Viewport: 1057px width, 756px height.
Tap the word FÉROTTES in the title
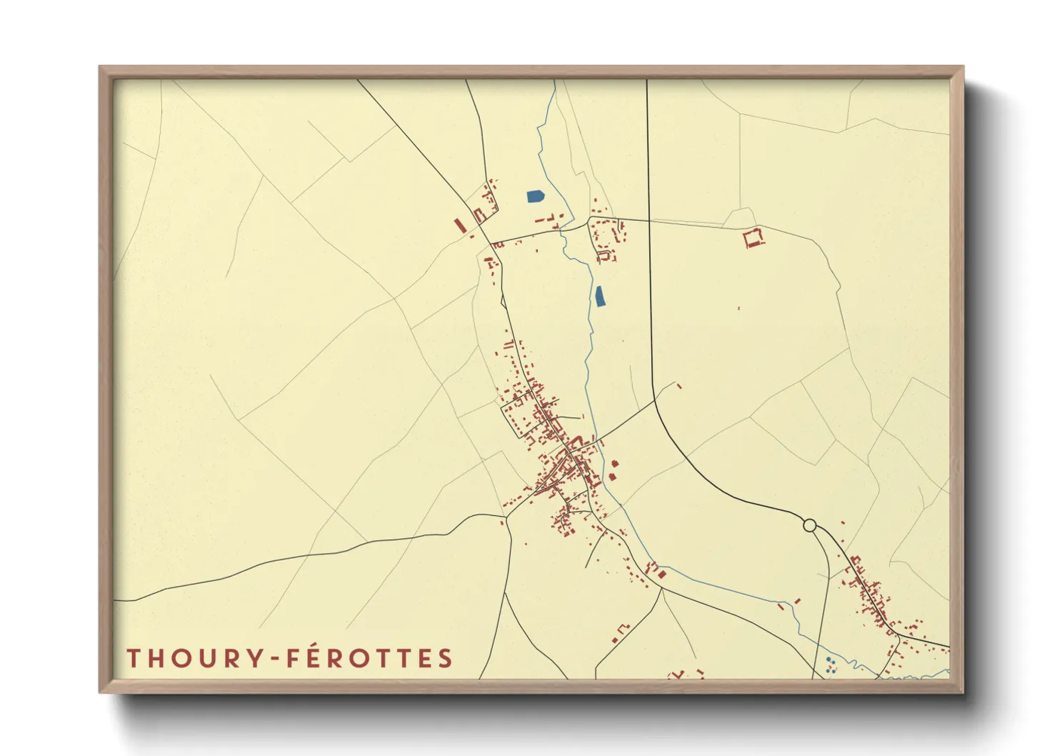(x=369, y=658)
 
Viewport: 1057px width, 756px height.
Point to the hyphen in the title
(x=277, y=659)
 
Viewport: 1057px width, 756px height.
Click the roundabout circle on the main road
(x=809, y=525)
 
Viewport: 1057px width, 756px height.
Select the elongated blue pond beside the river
(x=600, y=296)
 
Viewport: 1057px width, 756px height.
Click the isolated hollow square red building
(x=753, y=238)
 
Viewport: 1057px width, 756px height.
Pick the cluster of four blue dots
(x=830, y=666)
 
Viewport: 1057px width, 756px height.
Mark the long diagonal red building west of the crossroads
(x=461, y=226)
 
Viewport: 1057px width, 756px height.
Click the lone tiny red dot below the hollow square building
(x=738, y=309)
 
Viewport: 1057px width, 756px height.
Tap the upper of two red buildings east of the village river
(x=615, y=464)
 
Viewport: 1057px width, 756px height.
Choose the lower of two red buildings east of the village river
(x=612, y=476)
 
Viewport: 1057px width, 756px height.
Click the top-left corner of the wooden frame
(x=100, y=67)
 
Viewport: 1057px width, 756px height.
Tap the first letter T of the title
(x=133, y=658)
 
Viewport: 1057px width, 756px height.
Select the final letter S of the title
(x=446, y=658)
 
